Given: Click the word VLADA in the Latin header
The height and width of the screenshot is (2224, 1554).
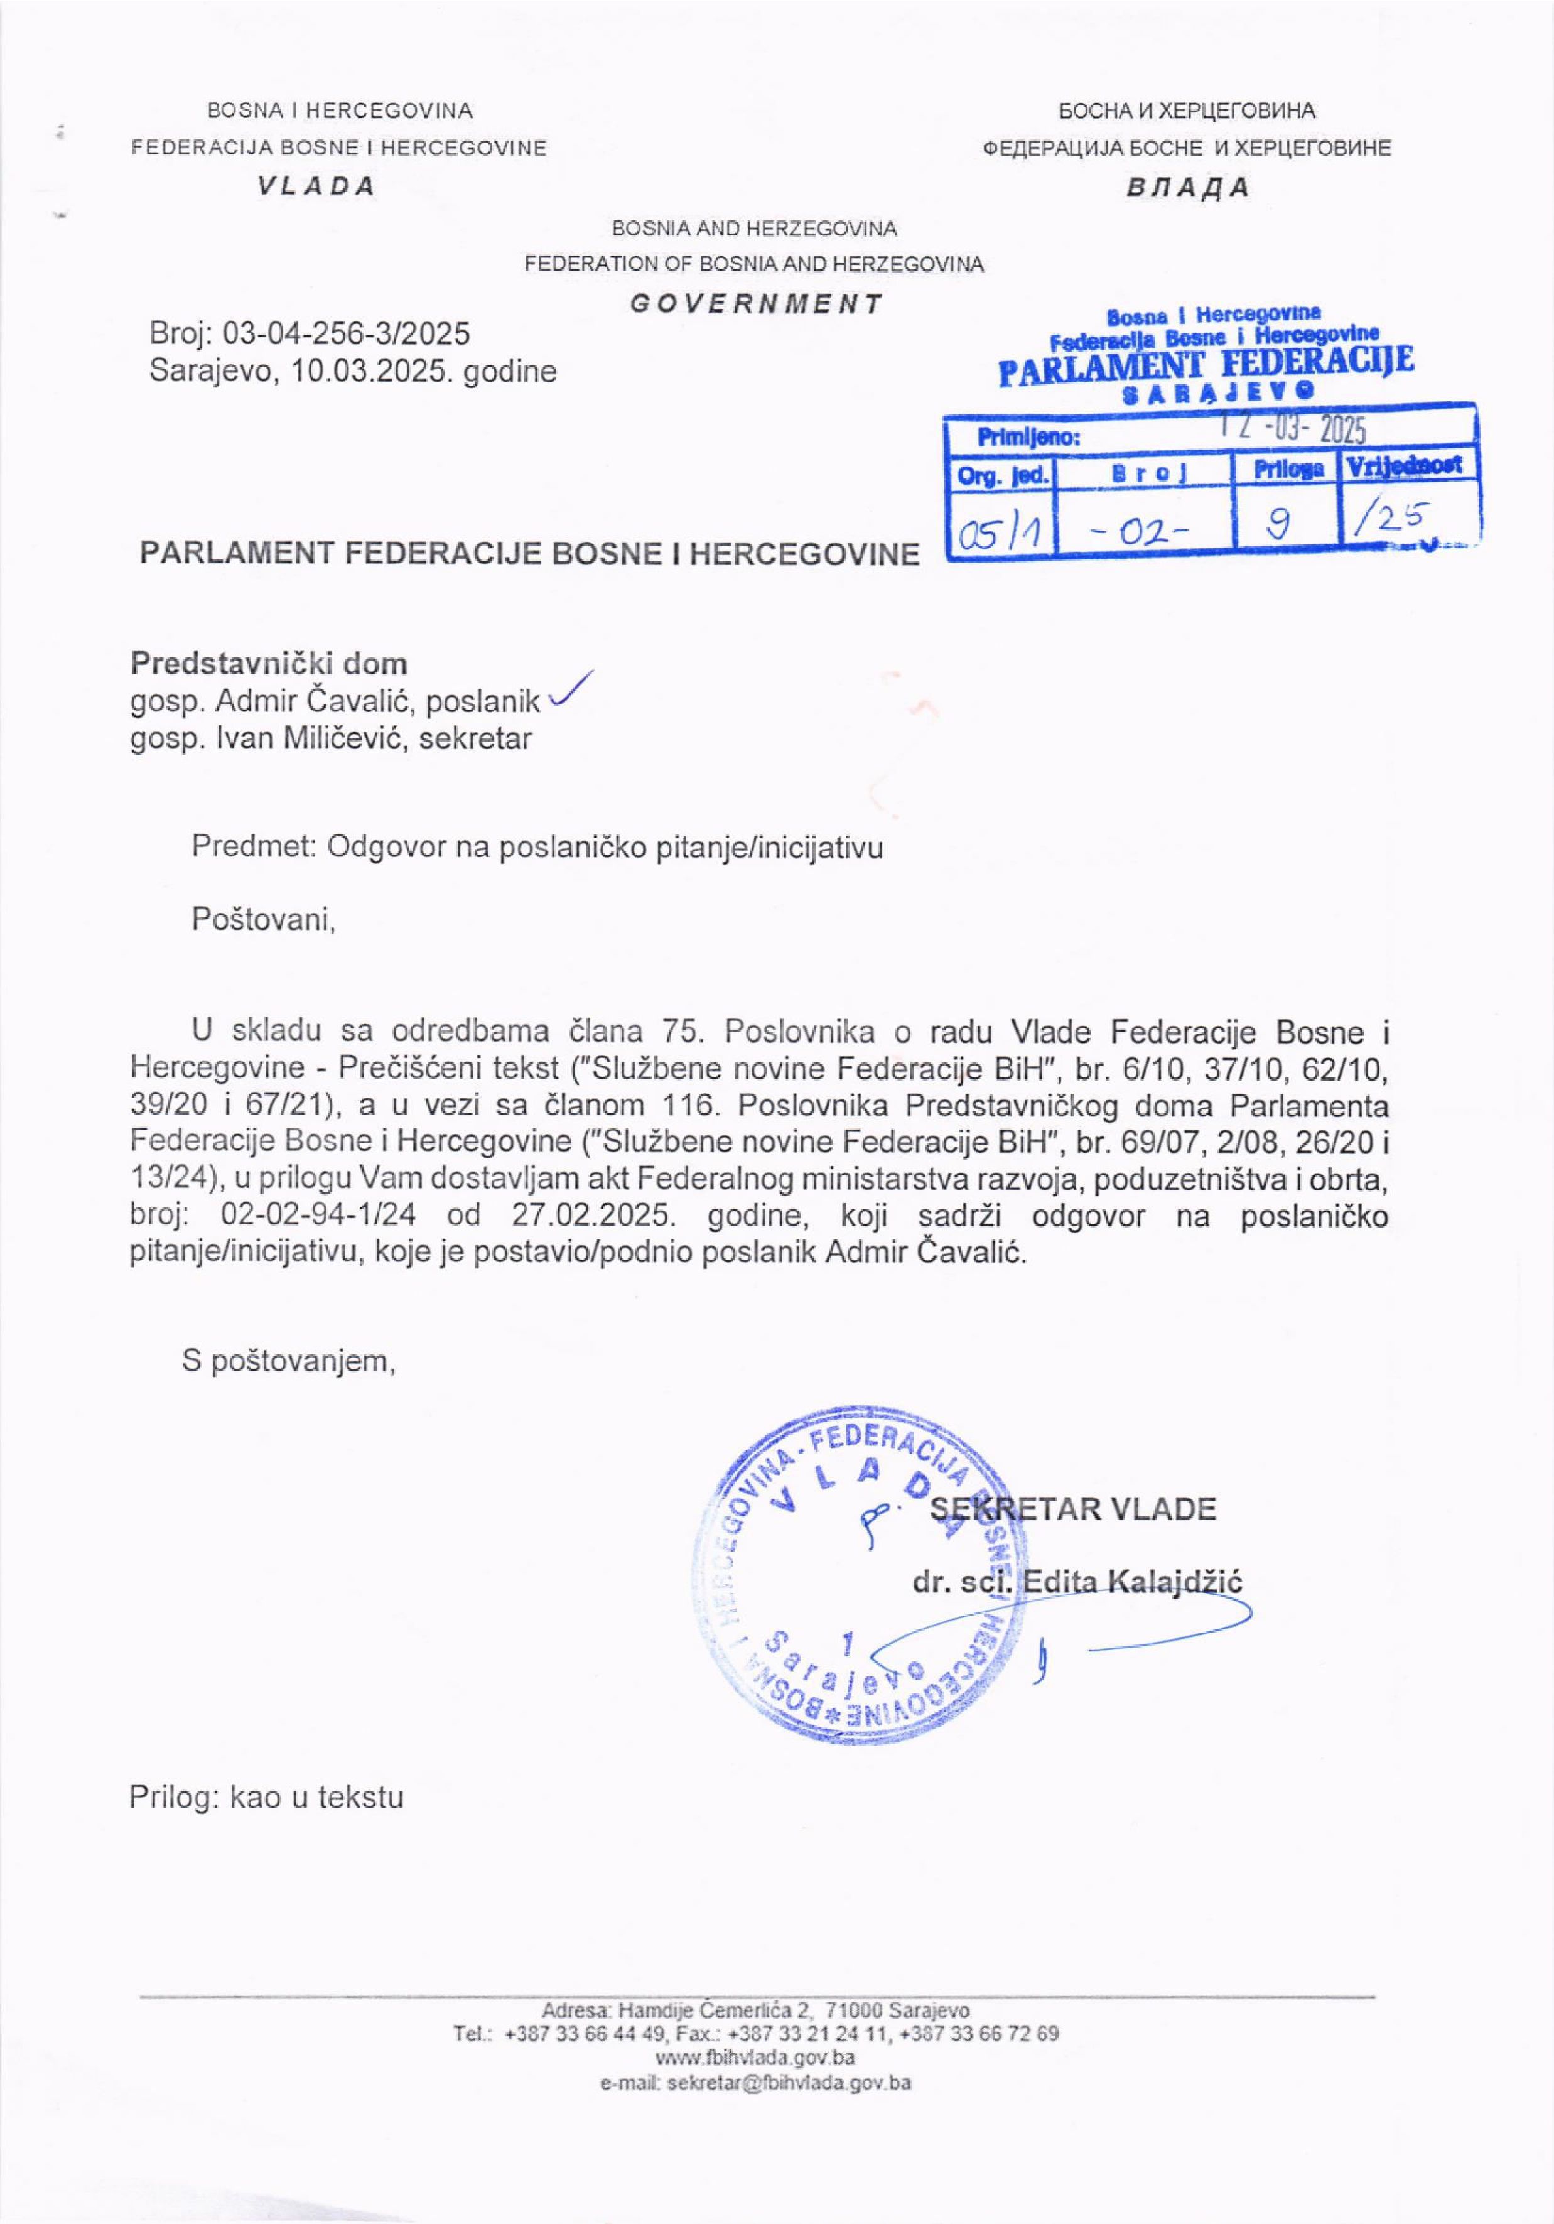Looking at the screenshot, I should click(x=316, y=187).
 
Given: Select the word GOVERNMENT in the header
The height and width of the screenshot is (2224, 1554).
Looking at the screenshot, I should click(x=757, y=304).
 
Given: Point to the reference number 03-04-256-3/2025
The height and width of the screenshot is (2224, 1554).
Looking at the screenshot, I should click(x=346, y=334).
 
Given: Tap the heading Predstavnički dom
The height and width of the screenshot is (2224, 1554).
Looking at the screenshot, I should click(x=268, y=664).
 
